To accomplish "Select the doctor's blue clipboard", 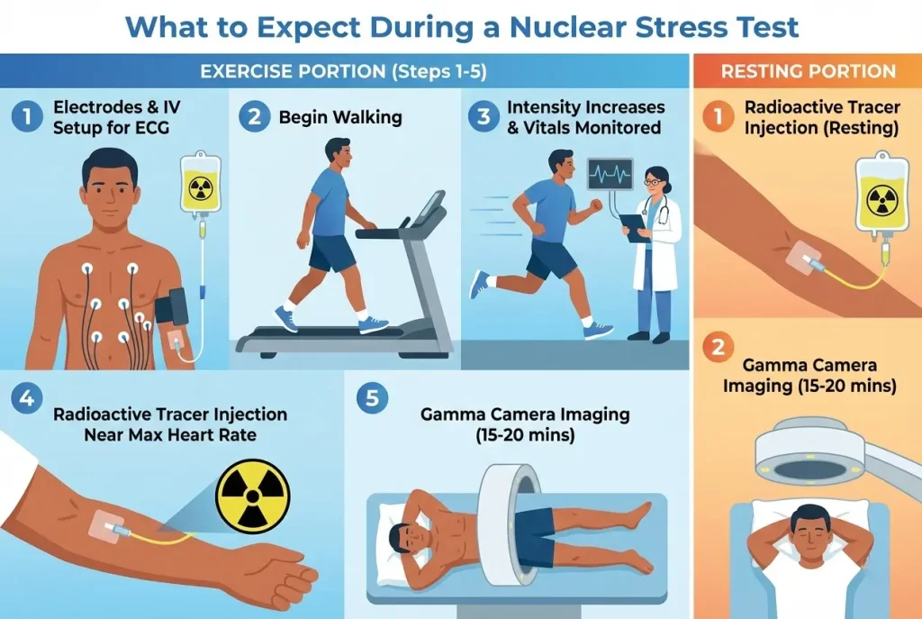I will (635, 225).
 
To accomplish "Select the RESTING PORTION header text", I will (808, 71).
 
